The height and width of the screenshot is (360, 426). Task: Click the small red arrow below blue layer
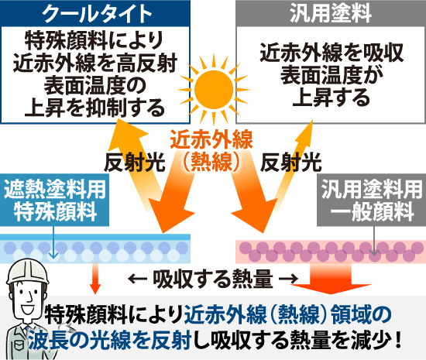tap(96, 276)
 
